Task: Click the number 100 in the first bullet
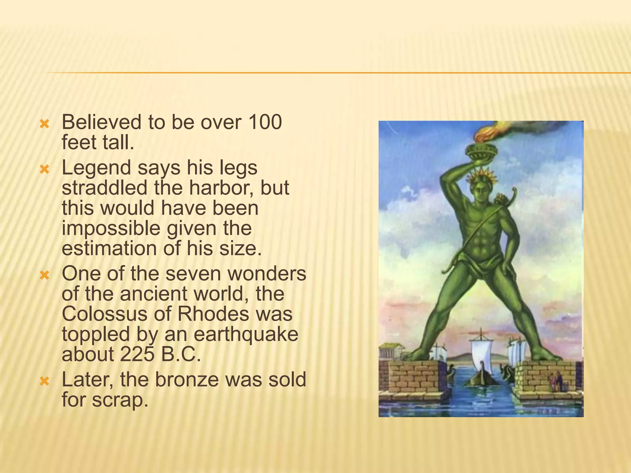[x=265, y=122]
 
